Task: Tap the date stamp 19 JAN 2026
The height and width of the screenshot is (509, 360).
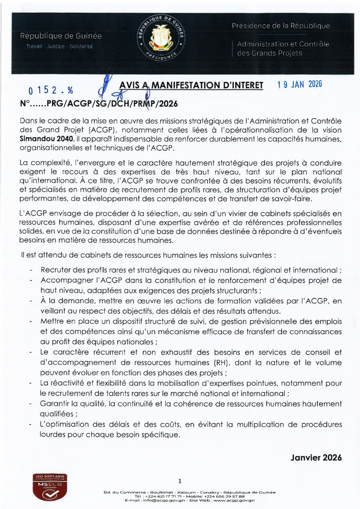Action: coord(300,84)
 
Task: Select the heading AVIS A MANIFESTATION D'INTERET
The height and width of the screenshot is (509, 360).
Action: coord(191,86)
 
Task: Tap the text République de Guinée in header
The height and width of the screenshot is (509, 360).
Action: coord(61,36)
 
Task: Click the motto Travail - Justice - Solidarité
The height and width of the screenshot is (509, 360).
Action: coord(59,47)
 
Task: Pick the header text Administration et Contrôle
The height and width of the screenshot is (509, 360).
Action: coord(283,44)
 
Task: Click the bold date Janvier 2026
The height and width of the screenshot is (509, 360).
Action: coord(316,458)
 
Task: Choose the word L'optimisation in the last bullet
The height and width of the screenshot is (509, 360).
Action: coord(62,424)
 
